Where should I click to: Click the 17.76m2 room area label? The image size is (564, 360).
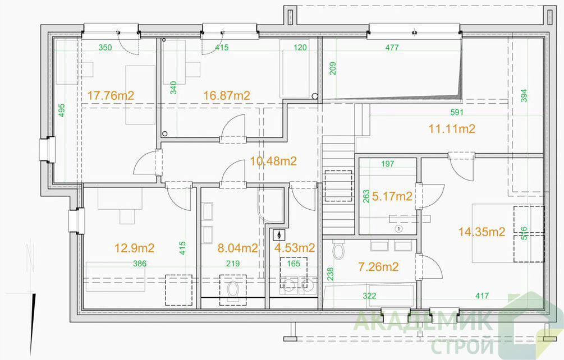[111, 95]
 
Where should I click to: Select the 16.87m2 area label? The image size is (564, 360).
[227, 95]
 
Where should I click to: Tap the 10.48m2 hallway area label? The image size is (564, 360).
[273, 161]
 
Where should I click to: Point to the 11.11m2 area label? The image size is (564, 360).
[452, 128]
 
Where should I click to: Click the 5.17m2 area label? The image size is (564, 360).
[392, 196]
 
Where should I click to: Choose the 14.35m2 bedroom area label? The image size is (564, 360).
[482, 232]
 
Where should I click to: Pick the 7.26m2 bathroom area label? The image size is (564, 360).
[378, 266]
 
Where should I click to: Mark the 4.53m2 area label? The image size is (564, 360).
[295, 247]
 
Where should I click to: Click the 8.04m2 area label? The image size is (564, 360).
[238, 248]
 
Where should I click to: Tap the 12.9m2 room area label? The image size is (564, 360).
[134, 248]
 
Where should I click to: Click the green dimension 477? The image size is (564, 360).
[392, 48]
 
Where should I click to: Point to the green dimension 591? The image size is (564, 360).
[457, 113]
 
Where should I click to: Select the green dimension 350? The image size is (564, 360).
[105, 48]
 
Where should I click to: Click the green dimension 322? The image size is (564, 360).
[369, 296]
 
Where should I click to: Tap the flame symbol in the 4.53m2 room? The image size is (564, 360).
[279, 235]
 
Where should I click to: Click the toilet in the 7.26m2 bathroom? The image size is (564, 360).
[338, 249]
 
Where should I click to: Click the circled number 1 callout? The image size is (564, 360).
[398, 228]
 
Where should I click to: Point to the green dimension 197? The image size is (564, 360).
[388, 164]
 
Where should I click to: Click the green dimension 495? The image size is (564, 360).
[62, 110]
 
